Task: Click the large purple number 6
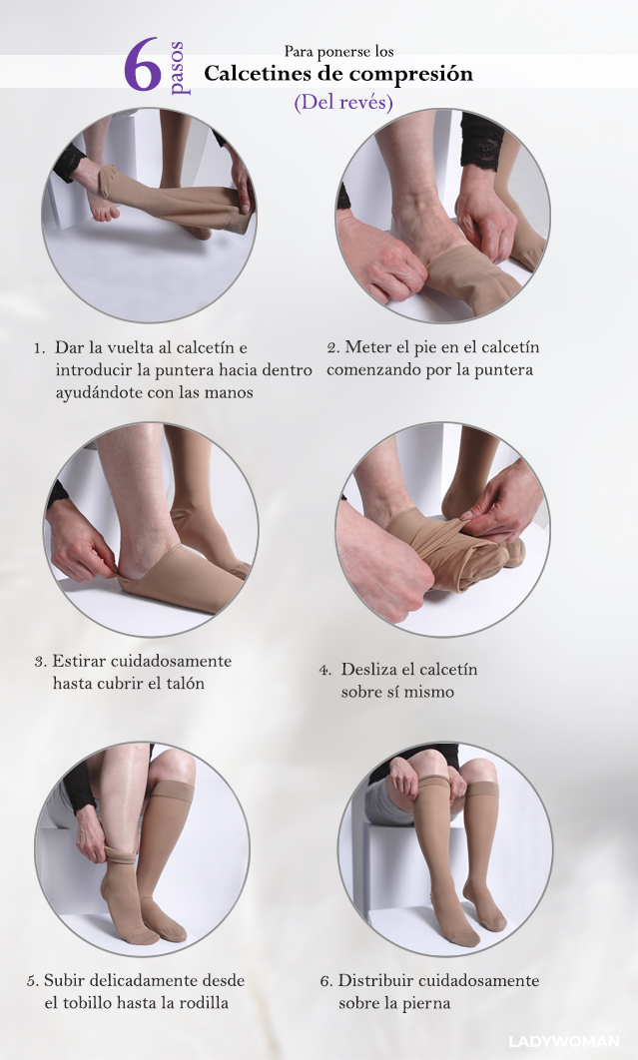coord(142,65)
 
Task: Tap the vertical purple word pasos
coord(178,69)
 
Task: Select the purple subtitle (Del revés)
coord(343,102)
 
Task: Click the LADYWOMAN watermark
coord(563,1041)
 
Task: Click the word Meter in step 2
coord(364,347)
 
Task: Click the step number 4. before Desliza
coord(325,671)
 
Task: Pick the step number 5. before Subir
coord(33,981)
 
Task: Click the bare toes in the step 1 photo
coord(104,211)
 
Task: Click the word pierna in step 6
coord(428,1002)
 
